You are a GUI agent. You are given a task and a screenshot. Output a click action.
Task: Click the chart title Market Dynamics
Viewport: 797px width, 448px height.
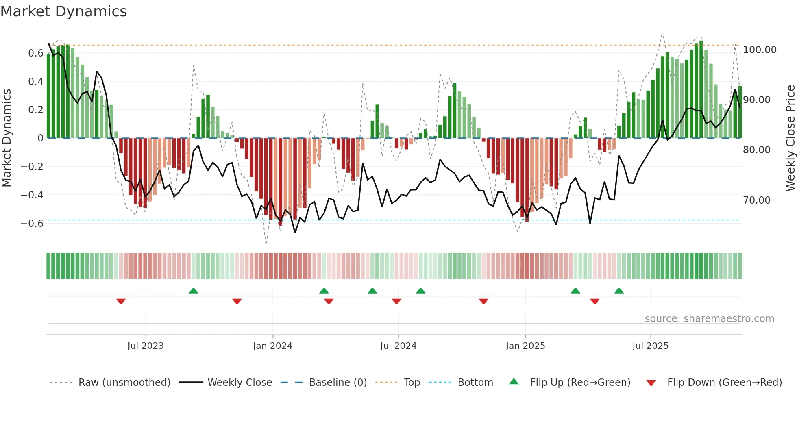coord(64,11)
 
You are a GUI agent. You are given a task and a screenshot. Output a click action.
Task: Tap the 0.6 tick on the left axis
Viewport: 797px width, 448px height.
coord(36,53)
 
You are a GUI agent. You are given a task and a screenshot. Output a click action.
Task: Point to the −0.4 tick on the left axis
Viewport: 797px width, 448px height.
coord(32,195)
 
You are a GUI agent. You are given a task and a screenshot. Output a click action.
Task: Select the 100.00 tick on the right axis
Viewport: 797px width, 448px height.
coord(760,50)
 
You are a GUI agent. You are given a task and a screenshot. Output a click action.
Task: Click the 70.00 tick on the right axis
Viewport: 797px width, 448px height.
coord(757,200)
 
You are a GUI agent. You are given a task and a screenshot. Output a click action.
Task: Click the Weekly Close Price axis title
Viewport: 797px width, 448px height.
coord(790,138)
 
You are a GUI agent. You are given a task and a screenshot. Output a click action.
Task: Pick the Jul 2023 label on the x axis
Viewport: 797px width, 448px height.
coord(146,346)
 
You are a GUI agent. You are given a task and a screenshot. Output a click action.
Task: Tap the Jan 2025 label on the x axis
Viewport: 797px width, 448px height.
coord(525,346)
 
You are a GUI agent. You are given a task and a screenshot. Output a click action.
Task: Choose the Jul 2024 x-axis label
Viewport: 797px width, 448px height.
coord(398,346)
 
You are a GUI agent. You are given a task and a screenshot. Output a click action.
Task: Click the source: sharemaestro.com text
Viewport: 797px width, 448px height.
coord(709,319)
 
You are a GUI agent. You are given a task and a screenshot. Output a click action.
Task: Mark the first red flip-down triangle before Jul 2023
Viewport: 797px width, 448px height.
coord(121,301)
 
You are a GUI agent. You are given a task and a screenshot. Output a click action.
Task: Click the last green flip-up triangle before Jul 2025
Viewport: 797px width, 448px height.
coord(619,291)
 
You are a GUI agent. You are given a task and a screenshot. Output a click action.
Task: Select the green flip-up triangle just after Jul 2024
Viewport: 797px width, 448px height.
coord(421,291)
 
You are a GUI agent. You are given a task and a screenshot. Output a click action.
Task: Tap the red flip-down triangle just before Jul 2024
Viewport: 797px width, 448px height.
coord(396,301)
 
